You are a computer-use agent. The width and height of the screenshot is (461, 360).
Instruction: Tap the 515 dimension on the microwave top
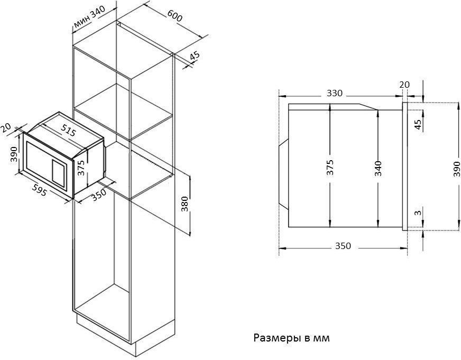click(x=68, y=130)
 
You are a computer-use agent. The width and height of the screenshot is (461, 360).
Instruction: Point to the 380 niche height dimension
click(x=185, y=204)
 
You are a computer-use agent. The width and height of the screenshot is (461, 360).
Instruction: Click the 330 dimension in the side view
click(x=335, y=93)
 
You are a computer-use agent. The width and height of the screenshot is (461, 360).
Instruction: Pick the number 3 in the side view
click(x=418, y=213)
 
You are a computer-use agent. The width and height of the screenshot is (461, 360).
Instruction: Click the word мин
click(x=81, y=22)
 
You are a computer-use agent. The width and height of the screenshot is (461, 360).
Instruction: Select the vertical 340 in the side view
click(x=379, y=169)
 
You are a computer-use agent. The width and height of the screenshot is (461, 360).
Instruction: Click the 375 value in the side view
click(x=330, y=168)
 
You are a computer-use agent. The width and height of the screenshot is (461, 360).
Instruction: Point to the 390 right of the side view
click(x=457, y=169)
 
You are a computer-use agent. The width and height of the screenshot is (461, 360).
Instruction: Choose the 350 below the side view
click(x=343, y=246)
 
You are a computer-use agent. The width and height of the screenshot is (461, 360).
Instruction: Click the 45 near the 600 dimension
click(x=195, y=56)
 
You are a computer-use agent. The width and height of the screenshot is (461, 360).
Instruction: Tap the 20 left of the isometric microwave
click(x=5, y=128)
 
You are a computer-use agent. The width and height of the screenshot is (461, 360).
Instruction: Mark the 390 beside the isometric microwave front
click(x=14, y=154)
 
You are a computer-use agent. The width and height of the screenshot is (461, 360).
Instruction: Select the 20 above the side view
click(x=404, y=85)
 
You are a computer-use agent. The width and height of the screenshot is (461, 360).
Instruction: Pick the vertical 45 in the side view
click(x=418, y=124)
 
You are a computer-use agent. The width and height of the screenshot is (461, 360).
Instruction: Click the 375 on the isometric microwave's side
click(x=81, y=168)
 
